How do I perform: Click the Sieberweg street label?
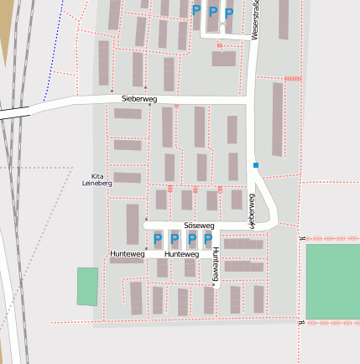coord(138,98)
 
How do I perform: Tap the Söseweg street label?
coord(199,226)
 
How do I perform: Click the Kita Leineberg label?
coord(97,179)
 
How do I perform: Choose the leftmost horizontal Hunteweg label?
coord(127,253)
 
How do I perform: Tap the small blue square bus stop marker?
coord(256,165)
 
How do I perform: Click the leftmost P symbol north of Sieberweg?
coord(196,10)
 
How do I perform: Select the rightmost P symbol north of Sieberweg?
coord(228,13)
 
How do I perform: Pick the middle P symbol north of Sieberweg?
coord(212,12)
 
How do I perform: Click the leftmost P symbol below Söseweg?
coord(157,240)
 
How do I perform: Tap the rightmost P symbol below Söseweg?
coord(208,240)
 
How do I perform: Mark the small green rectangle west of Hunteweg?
coord(87,286)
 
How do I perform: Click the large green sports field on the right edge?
coord(332,280)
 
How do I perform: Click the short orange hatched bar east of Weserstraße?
coord(292,78)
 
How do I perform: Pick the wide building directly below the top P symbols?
coord(223,59)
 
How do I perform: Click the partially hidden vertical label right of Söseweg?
coord(250,210)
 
